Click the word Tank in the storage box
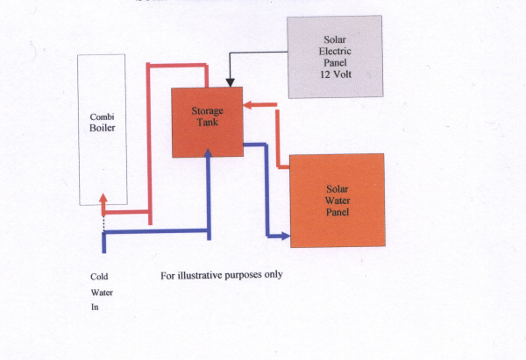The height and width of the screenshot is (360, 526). click(x=208, y=122)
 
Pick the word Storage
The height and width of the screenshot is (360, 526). click(x=208, y=110)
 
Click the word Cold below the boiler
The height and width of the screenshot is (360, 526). click(x=99, y=277)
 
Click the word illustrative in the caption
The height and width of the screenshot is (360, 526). click(x=206, y=275)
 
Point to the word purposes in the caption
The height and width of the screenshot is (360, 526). click(x=258, y=275)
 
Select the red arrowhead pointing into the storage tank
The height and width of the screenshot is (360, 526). click(x=247, y=105)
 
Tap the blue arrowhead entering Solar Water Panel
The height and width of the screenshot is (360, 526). click(x=285, y=235)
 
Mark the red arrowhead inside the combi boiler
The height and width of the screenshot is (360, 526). click(x=103, y=200)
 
